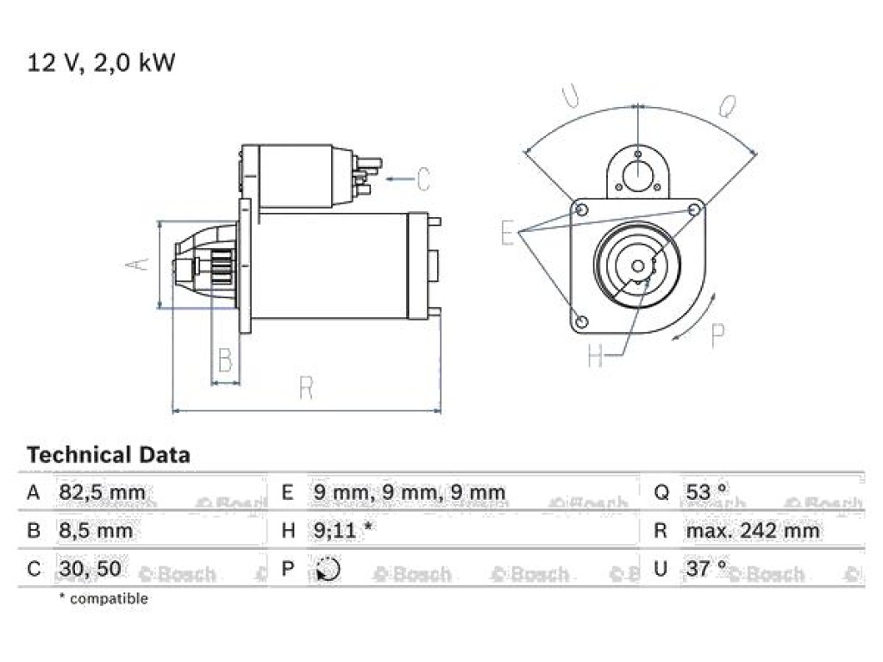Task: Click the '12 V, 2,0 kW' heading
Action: coord(102,62)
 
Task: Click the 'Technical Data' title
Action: coord(109,454)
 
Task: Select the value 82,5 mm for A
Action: coord(102,492)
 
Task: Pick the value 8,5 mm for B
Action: coord(96,531)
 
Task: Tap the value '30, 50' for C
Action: coord(90,569)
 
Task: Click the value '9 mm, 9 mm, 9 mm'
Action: coord(410,492)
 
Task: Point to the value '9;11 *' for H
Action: coord(342,531)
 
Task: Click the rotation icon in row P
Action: coord(328,569)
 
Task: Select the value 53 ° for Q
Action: coord(706,492)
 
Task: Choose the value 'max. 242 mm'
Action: coord(752,531)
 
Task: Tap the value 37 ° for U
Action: coord(706,569)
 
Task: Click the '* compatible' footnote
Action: coord(103,598)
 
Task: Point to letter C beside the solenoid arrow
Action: coord(423,179)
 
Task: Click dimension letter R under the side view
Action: coord(306,388)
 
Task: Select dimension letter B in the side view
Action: coord(225,359)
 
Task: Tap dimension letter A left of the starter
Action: coord(138,264)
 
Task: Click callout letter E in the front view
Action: coord(507,233)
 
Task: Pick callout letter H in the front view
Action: coord(595,355)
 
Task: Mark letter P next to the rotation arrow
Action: coord(718,336)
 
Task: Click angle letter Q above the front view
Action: coord(727,106)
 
